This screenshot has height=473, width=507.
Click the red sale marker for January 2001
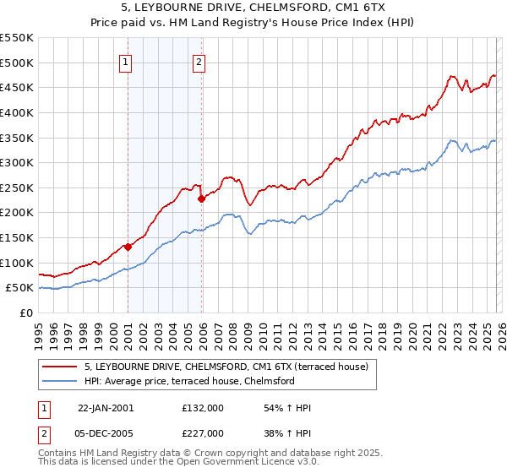click(x=128, y=247)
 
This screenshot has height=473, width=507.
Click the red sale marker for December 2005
click(x=202, y=199)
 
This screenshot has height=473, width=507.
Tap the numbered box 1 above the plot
click(x=125, y=62)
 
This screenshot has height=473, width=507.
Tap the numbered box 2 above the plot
click(x=199, y=62)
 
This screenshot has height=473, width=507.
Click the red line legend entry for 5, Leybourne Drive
click(x=226, y=367)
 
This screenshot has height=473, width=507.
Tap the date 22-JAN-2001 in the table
click(x=106, y=408)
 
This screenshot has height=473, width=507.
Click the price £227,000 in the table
click(x=202, y=432)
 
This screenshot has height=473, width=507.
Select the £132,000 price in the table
click(x=202, y=408)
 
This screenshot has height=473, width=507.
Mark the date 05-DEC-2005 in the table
click(x=106, y=432)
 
